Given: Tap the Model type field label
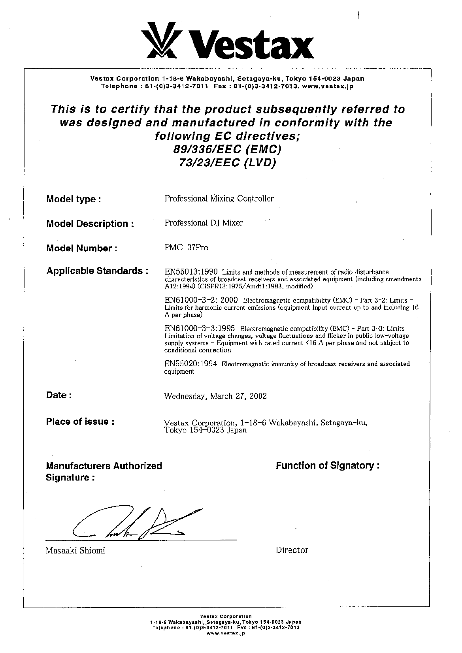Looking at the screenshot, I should pos(74,199).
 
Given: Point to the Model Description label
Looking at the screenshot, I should pos(90,224).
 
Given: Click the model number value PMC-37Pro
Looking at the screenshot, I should pos(186,248).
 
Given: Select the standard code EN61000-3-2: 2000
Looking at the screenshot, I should pos(201,300).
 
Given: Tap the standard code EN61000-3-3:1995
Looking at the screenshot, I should pos(200,328).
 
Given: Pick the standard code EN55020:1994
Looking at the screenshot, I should pos(190,364).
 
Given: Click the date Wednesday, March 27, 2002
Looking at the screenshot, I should pos(215,396).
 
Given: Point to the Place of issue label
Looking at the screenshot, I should pos(80,422).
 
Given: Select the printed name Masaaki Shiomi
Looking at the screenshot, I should pos(75,550).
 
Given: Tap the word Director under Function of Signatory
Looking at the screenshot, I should pos(292,550).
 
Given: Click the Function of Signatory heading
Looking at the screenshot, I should pos(327,466).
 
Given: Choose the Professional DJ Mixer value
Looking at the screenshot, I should pos(204,223).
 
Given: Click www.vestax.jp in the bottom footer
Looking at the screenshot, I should pos(226,644).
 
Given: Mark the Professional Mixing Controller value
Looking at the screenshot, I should pos(219,198).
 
